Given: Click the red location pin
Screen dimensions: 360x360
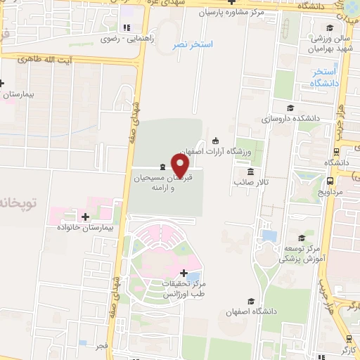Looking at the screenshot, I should (x=181, y=164).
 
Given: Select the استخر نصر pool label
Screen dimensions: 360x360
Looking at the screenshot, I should (x=193, y=45).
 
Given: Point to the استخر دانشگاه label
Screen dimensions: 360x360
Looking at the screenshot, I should (x=325, y=77).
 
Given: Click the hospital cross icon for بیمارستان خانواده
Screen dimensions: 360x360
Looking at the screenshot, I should (x=86, y=217).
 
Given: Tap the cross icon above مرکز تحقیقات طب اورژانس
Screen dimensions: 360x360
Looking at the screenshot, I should (x=184, y=272).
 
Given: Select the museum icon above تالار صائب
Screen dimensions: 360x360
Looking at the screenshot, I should (x=250, y=172).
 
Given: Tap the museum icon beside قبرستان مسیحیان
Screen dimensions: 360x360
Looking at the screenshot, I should (x=163, y=167).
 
